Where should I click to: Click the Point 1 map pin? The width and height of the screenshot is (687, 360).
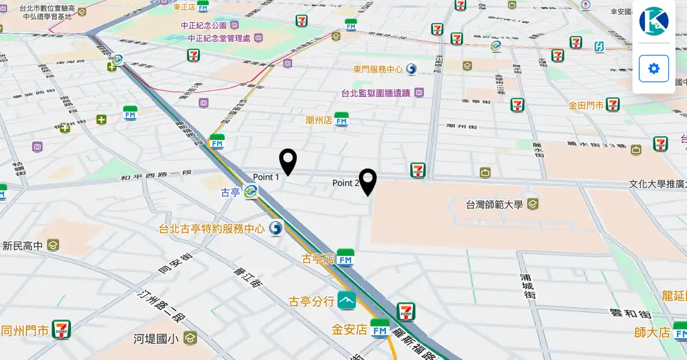tap(288, 161)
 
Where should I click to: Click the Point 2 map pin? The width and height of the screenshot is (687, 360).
tap(367, 182)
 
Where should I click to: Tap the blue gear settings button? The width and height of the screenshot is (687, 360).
tap(653, 68)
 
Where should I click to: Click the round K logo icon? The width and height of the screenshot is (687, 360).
tap(653, 22)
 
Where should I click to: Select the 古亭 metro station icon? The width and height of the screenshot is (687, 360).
tap(251, 192)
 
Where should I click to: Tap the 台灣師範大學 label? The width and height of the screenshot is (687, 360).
tap(494, 205)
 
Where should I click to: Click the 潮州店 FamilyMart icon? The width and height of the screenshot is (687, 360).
tap(342, 120)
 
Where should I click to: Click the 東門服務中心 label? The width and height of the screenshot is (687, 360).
tap(378, 69)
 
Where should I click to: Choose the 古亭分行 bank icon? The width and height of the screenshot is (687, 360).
tap(346, 300)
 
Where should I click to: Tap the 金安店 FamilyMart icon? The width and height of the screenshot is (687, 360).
tap(380, 328)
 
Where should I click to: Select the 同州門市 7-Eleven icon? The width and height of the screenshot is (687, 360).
tap(61, 330)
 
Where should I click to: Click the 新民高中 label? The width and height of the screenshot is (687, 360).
tap(23, 246)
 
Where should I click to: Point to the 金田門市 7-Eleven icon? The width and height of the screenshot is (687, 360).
tap(612, 105)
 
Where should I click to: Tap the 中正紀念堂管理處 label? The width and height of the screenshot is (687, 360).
tap(218, 38)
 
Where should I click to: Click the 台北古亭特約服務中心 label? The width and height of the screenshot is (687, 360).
tap(211, 228)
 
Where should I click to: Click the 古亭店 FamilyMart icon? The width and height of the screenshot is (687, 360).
tap(345, 258)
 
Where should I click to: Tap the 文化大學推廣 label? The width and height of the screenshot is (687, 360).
tap(657, 184)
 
